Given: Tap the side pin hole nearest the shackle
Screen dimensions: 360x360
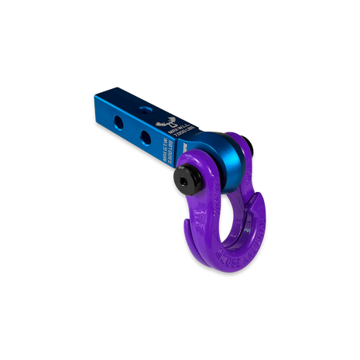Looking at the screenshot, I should tap(145, 136).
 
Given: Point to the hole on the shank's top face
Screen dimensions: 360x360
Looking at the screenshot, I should tap(140, 108).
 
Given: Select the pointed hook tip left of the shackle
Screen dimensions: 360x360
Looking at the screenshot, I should tap(186, 224).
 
